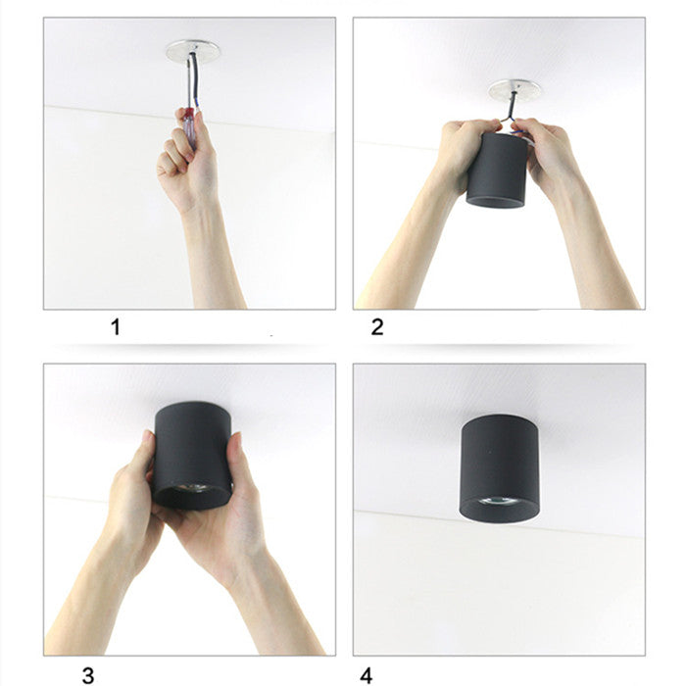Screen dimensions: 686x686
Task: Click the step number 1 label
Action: point(116,326)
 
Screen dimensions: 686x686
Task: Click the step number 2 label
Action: point(377,326)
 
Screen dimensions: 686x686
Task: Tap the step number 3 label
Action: point(88,675)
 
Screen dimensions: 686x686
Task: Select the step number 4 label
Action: point(367,675)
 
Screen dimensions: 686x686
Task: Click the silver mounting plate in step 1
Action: point(192,51)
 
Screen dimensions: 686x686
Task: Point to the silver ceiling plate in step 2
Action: point(514,90)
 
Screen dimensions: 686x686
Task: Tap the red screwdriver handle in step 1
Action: point(190,116)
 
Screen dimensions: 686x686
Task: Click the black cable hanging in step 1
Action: point(193,81)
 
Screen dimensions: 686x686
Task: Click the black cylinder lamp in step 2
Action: point(497,170)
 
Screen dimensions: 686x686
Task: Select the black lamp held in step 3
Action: point(192,456)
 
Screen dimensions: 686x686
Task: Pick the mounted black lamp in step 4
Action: point(499,469)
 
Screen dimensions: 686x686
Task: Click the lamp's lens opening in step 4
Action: point(499,501)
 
